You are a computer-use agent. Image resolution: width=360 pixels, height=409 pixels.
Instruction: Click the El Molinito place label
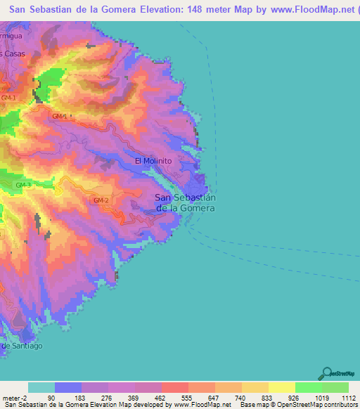pos(153,161)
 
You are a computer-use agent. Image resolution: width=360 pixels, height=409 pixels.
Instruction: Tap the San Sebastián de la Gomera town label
pos(184,202)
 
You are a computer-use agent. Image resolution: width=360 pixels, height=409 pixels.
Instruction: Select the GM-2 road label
pos(101,200)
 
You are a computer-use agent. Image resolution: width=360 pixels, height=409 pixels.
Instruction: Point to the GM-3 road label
pos(24,185)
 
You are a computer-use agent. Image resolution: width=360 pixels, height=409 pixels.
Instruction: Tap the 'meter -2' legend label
pos(14,398)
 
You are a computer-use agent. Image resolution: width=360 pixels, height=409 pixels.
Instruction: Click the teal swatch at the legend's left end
pos(41,387)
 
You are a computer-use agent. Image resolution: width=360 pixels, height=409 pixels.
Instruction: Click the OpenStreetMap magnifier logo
pos(326,372)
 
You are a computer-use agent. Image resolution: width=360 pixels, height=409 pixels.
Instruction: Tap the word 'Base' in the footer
pos(250,405)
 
